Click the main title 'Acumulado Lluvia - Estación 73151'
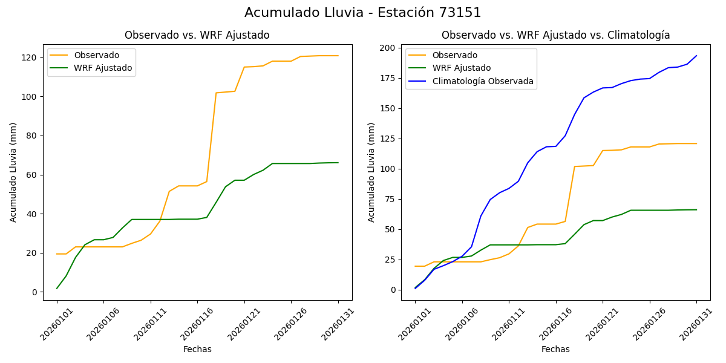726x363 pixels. click(x=363, y=13)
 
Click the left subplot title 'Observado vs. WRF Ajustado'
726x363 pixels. click(x=197, y=35)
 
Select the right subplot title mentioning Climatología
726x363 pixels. click(x=555, y=35)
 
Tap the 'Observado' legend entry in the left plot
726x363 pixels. click(x=96, y=56)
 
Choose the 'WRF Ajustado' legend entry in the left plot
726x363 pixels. click(x=103, y=68)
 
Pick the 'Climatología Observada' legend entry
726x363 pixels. click(x=482, y=81)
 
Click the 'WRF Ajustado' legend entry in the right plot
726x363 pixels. click(x=461, y=68)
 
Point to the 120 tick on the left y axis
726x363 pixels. click(x=30, y=57)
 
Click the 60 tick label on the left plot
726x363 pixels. click(x=32, y=175)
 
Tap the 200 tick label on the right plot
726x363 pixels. click(x=388, y=48)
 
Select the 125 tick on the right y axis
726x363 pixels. click(x=388, y=139)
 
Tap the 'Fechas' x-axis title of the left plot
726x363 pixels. click(x=197, y=349)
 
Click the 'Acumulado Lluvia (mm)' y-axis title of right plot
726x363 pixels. click(x=372, y=172)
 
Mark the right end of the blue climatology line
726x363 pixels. click(x=696, y=56)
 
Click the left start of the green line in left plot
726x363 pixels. click(x=57, y=288)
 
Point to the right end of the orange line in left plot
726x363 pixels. click(x=338, y=56)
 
